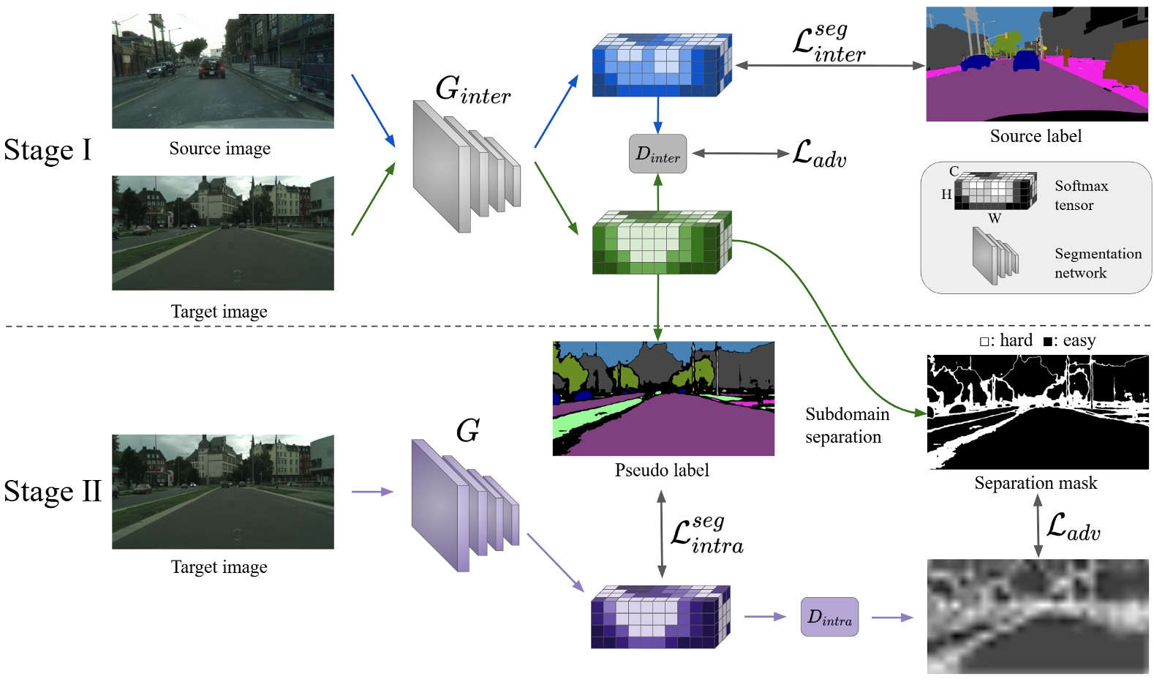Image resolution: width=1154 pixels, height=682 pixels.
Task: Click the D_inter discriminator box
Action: (657, 154)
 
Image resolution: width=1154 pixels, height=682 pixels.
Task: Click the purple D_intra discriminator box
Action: (829, 617)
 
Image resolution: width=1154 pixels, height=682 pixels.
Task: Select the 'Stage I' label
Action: (48, 150)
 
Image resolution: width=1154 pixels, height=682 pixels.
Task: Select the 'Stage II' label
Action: (52, 491)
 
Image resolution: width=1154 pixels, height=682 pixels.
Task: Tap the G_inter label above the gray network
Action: (472, 90)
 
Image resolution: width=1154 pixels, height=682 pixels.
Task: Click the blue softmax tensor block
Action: (661, 66)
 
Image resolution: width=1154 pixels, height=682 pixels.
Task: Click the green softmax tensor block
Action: (661, 243)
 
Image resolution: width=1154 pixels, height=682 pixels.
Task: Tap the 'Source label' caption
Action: (1036, 136)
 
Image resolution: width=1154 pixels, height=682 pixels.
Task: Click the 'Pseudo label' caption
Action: (662, 470)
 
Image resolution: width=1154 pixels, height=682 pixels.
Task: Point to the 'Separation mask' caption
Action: (1036, 483)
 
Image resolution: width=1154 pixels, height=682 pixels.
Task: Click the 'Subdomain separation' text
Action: (846, 425)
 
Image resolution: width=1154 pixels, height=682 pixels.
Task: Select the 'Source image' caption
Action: (219, 149)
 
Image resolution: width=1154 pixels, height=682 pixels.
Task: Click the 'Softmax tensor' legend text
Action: (1080, 195)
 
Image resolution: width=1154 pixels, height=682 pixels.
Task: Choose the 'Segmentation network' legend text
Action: (1097, 263)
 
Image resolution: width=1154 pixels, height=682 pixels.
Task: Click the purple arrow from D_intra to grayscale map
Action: (892, 618)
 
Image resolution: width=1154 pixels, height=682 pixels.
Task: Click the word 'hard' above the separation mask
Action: (1015, 340)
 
